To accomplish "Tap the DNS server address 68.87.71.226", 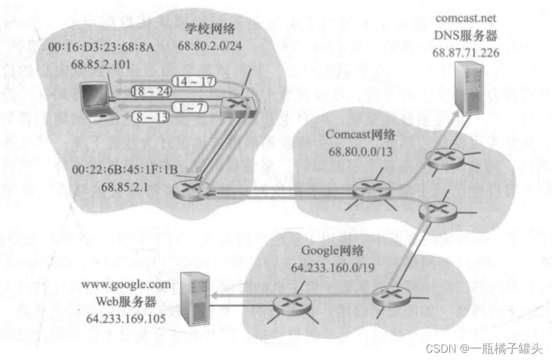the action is point(467,53).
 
